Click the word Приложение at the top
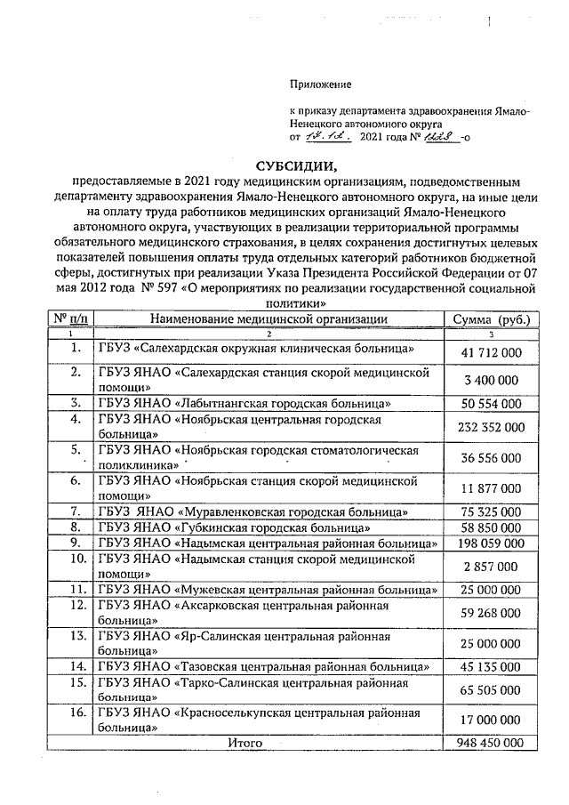[x=321, y=85]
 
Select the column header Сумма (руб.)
[x=492, y=318]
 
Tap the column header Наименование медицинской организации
[x=268, y=318]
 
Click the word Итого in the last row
[x=245, y=742]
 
